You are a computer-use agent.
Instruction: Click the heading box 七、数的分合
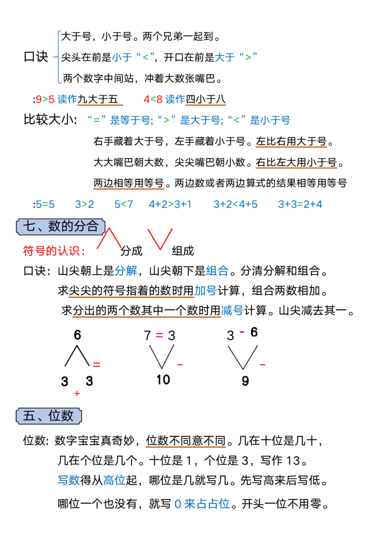(x=60, y=226)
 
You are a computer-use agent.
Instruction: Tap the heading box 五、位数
(x=49, y=415)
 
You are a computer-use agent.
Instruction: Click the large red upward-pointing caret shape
(x=109, y=238)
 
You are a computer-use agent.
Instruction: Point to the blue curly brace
(x=59, y=56)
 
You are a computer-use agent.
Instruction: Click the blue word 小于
(x=120, y=58)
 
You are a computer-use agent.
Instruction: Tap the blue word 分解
(x=126, y=271)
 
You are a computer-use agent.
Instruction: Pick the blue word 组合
(x=217, y=271)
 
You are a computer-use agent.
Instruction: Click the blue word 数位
(x=114, y=481)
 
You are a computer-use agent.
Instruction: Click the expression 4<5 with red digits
(x=153, y=100)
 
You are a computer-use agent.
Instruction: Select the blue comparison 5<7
(x=124, y=205)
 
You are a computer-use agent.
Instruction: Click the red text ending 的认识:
(x=54, y=251)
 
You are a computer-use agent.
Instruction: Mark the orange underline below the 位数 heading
(x=185, y=448)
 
